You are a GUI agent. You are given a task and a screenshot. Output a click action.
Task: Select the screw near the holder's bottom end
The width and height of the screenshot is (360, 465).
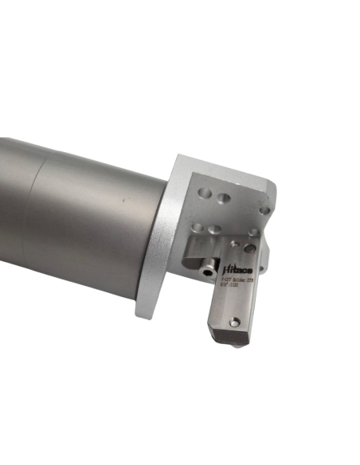click(234, 322)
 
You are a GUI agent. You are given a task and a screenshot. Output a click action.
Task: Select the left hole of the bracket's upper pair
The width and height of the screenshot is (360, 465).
click(205, 192)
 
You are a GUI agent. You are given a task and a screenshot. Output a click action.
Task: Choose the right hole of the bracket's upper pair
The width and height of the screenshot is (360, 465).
click(224, 197)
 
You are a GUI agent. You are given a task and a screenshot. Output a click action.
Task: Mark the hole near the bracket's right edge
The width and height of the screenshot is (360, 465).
click(264, 211)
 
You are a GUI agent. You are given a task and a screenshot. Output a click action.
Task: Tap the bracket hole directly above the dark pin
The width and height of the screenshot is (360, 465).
click(252, 233)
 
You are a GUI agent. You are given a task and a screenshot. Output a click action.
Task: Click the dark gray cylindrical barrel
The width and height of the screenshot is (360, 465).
click(80, 215)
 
